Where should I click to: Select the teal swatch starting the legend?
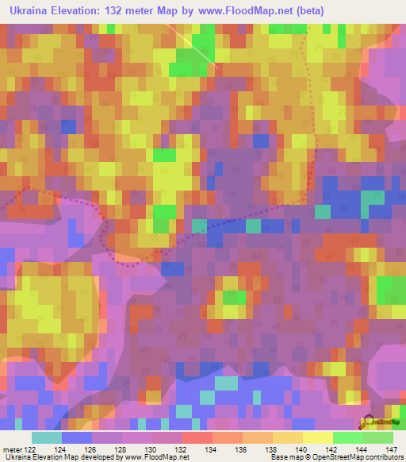click(x=46, y=437)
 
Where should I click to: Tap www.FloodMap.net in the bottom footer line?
click(x=156, y=457)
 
